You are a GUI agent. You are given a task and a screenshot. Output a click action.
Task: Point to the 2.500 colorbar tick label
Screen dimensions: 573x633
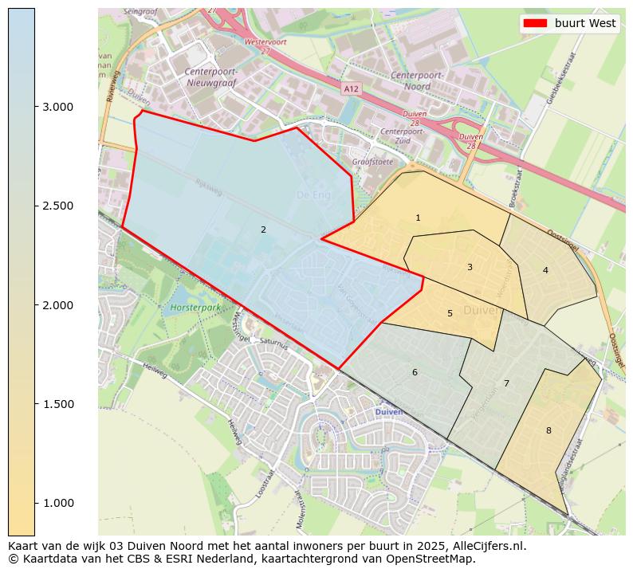(59, 206)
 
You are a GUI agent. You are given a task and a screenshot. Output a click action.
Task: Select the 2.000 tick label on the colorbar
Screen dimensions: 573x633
(59, 305)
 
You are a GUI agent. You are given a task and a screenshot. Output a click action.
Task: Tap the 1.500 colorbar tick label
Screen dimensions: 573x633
(59, 404)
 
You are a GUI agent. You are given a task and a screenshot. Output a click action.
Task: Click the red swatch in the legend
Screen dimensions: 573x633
(535, 23)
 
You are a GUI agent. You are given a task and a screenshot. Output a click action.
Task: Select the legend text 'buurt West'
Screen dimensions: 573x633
(585, 23)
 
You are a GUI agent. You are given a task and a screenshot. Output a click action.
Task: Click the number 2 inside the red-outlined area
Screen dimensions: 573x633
(263, 230)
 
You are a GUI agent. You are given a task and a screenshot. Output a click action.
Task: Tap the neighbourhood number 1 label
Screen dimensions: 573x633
(418, 218)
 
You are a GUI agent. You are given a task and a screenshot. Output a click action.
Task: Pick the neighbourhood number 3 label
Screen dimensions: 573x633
(470, 267)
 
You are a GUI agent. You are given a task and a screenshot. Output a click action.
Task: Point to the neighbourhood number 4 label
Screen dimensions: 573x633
(545, 270)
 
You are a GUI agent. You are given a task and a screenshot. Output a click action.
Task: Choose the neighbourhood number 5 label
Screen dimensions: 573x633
(450, 313)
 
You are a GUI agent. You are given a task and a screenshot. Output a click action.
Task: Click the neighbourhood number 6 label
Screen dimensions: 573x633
(415, 372)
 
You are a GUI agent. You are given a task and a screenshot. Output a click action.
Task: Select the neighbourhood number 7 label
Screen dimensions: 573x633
(506, 383)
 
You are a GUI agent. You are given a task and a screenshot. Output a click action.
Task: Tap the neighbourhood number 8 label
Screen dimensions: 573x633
(548, 430)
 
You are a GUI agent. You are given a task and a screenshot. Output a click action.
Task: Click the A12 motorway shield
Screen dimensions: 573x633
(352, 88)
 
